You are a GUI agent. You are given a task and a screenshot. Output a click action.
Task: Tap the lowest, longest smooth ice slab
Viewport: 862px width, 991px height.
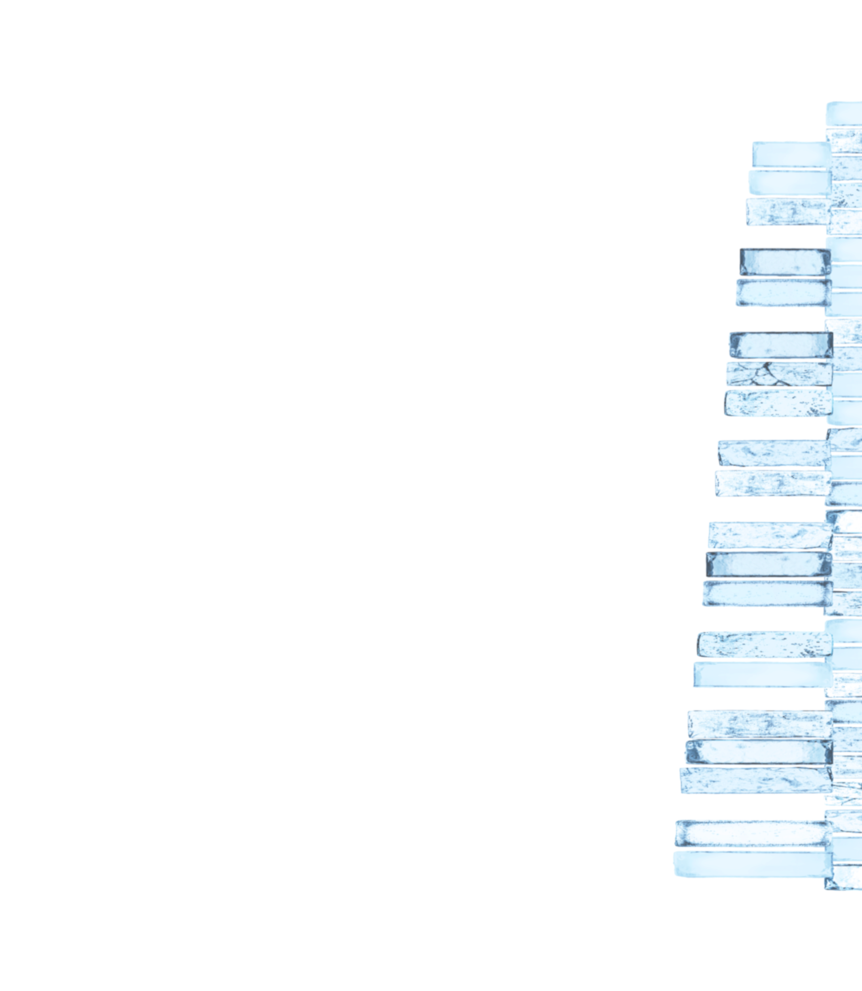(751, 864)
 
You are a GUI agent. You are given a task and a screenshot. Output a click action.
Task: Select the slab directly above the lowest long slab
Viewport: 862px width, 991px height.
(751, 833)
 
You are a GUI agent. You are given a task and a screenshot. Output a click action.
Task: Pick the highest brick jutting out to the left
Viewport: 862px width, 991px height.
(790, 154)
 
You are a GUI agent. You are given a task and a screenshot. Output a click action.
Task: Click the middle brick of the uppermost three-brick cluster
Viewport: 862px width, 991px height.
(789, 182)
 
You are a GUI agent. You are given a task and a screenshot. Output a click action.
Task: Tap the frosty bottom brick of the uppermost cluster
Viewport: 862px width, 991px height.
(787, 212)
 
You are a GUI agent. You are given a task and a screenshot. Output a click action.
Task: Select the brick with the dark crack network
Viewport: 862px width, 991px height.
(778, 374)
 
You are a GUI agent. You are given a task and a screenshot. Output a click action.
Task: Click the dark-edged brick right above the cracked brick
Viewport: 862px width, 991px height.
(780, 345)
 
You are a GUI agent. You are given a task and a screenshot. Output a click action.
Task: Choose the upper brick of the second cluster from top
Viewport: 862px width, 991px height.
(785, 262)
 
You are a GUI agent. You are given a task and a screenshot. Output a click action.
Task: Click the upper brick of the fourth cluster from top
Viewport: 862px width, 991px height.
(773, 453)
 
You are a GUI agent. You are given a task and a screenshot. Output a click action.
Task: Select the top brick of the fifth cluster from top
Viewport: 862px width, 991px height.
(769, 536)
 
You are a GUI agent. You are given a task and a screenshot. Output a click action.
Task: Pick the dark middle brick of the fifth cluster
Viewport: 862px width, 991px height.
(768, 564)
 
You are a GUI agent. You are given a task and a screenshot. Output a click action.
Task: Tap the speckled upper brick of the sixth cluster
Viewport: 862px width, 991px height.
(764, 645)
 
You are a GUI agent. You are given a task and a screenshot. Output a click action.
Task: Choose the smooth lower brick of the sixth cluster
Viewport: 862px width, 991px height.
(762, 674)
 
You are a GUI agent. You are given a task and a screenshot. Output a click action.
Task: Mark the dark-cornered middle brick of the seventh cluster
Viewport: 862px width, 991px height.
(758, 752)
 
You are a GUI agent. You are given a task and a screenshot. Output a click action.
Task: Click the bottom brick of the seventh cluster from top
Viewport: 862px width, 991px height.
(754, 781)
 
